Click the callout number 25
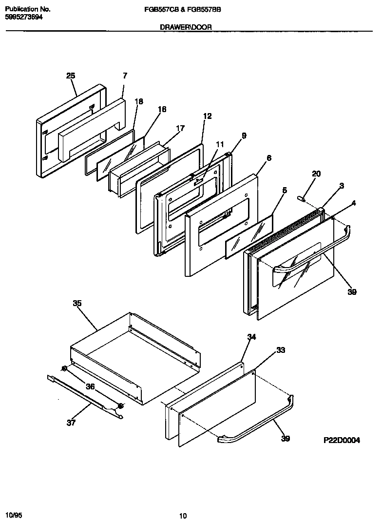click(x=71, y=76)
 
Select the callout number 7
click(x=125, y=76)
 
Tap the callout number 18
click(x=139, y=102)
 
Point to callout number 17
click(x=180, y=129)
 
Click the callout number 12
click(x=208, y=116)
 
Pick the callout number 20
click(x=316, y=174)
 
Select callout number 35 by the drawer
click(x=77, y=303)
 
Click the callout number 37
click(x=71, y=423)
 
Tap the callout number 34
click(x=251, y=337)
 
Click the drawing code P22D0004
click(x=342, y=440)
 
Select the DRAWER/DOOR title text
click(x=186, y=27)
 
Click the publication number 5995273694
click(x=24, y=16)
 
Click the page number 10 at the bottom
click(x=183, y=502)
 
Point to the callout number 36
click(x=90, y=386)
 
